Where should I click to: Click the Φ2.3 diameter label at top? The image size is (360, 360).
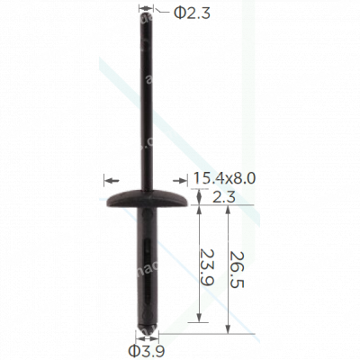coord(193,13)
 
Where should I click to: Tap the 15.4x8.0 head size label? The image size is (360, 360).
coord(224,178)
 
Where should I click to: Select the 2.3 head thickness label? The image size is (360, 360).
coord(222,197)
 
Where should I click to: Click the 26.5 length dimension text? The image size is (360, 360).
coord(236,269)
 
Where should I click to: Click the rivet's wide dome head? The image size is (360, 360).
coord(147,198)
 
